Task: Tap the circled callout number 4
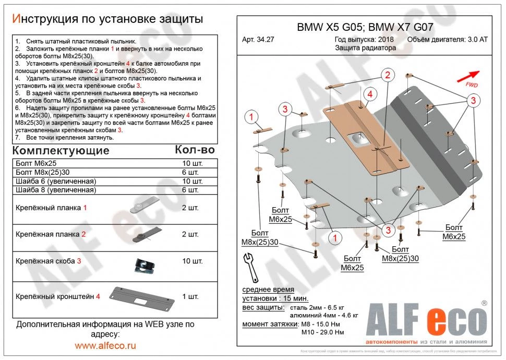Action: tap(369, 94)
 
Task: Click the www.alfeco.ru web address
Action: tap(105, 345)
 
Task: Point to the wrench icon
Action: tap(251, 266)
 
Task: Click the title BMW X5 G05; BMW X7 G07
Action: tap(365, 28)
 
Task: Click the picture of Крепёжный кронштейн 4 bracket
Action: tap(141, 297)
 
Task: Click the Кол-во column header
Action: tap(194, 150)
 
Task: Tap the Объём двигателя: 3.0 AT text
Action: tap(447, 39)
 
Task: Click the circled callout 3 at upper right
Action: tap(472, 100)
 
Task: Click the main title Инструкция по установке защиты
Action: tap(107, 19)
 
